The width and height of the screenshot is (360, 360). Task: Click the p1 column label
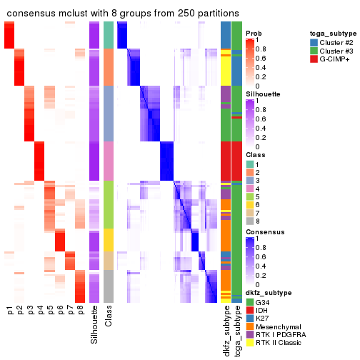click(x=10, y=310)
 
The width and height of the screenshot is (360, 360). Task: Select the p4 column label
click(x=40, y=310)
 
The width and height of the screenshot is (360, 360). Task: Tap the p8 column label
click(x=80, y=310)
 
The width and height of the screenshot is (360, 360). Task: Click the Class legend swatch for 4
click(x=249, y=189)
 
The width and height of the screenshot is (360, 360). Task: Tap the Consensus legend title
click(x=263, y=232)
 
